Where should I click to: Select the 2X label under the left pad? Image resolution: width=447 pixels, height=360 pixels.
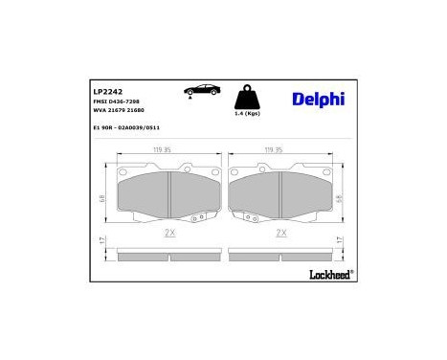click(x=169, y=233)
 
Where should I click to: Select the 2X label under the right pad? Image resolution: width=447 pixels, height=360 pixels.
click(x=281, y=233)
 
